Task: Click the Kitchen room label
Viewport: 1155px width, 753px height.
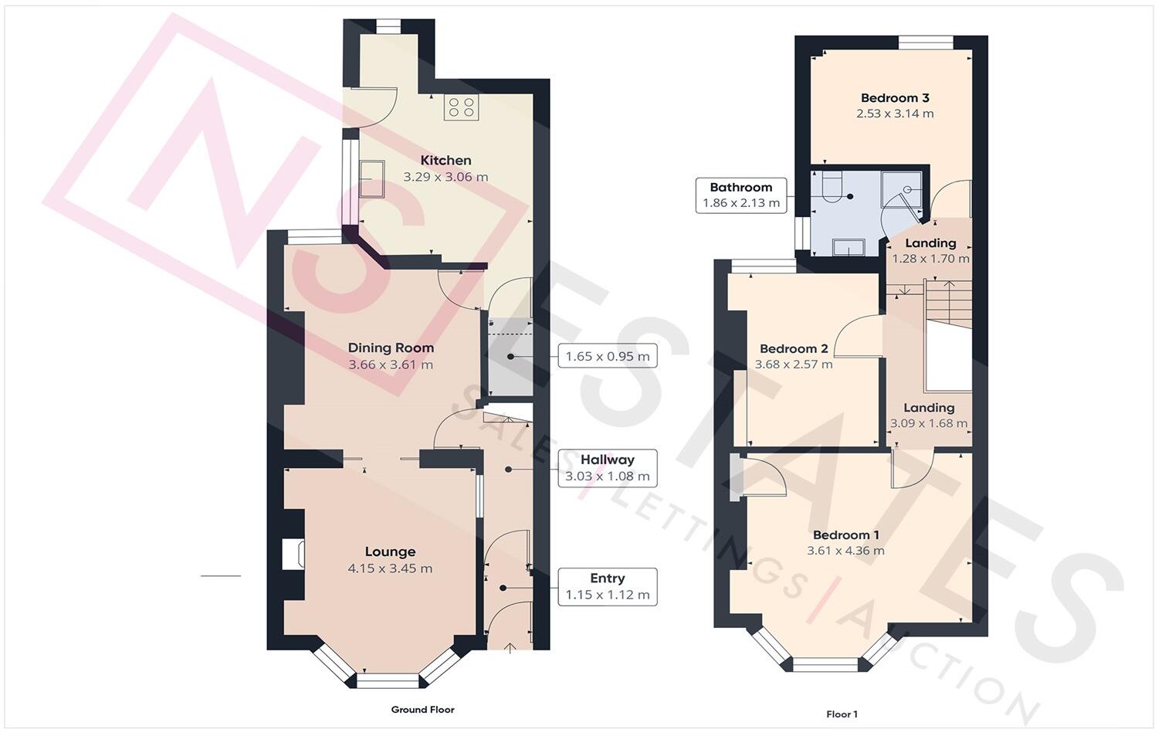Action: click(x=445, y=161)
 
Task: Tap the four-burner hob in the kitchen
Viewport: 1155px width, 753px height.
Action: click(x=461, y=107)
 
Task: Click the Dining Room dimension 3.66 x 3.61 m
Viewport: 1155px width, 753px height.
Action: click(x=391, y=365)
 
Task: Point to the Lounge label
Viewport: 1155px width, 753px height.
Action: click(x=390, y=551)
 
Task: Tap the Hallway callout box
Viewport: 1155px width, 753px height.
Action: click(x=607, y=468)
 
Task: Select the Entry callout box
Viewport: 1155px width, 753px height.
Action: click(x=607, y=587)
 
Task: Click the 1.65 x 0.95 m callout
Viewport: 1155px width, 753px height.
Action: click(x=607, y=357)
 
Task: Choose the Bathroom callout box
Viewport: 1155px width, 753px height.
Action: click(x=740, y=195)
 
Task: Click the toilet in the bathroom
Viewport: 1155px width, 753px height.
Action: click(x=830, y=188)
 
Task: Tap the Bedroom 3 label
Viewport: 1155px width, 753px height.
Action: click(x=895, y=98)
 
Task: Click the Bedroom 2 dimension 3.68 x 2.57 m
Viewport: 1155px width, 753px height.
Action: click(x=794, y=365)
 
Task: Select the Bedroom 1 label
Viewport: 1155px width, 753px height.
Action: click(x=845, y=535)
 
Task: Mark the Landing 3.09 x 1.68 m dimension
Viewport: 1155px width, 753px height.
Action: click(x=928, y=423)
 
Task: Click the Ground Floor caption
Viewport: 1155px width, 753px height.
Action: click(x=422, y=710)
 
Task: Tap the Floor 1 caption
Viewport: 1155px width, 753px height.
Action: click(x=842, y=714)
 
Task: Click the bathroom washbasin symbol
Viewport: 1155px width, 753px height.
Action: click(x=848, y=246)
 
